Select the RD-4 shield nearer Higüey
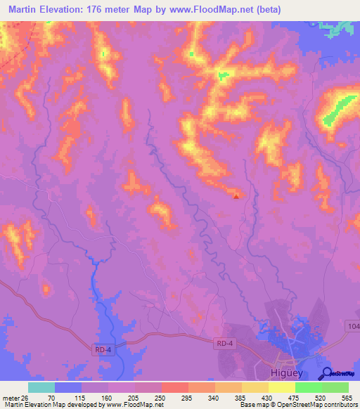(224, 342)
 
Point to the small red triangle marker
(236, 197)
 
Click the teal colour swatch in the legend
(41, 387)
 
